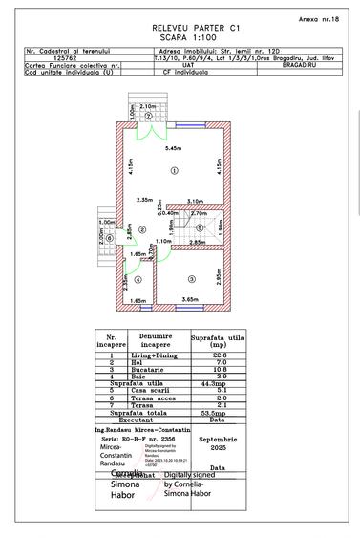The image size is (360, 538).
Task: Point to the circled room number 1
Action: [174, 170]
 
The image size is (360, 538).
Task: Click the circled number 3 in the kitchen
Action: [191, 278]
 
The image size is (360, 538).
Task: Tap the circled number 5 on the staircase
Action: [199, 228]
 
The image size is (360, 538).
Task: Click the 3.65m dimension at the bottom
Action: [190, 300]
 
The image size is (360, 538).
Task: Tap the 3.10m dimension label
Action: [196, 200]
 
